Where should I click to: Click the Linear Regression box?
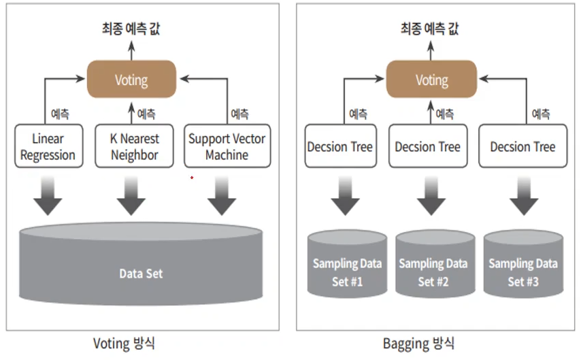(48, 146)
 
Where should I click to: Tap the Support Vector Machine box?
(227, 146)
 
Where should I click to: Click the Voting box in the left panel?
(131, 80)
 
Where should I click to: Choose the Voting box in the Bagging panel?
(431, 80)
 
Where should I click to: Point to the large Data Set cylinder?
(141, 265)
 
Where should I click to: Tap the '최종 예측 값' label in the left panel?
(131, 28)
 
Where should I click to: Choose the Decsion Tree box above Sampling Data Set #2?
(428, 146)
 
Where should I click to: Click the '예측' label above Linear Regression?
(60, 114)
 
